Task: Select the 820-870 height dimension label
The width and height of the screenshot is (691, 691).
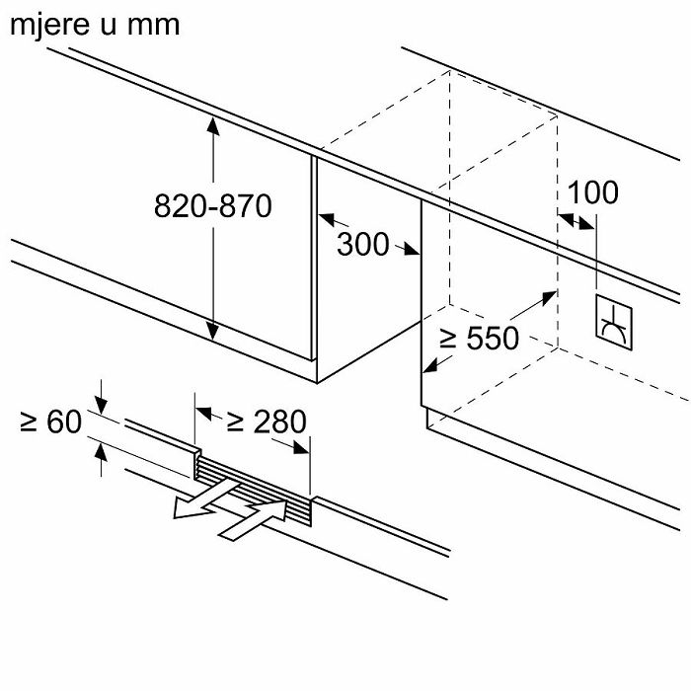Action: pos(212,206)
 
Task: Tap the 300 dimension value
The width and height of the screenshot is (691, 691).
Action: pos(363,244)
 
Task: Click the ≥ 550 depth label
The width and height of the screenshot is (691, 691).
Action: pos(478,339)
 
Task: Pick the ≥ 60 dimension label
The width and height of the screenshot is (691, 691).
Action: pos(49,422)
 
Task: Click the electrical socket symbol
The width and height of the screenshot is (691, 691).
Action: pos(613,323)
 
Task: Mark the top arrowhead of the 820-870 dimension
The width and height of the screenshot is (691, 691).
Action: pos(212,125)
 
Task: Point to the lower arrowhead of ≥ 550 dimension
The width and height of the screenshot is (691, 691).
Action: pos(428,367)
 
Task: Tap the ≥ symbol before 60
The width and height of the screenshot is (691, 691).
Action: pos(29,422)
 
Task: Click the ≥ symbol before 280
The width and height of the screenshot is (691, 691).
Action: pos(236,422)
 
